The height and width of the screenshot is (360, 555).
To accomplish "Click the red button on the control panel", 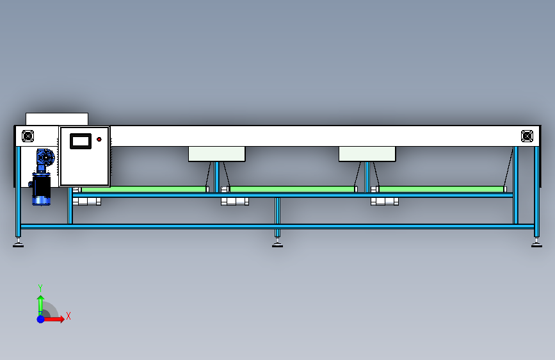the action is point(99,139).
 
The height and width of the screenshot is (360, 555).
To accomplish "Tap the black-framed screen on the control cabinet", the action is point(81,141).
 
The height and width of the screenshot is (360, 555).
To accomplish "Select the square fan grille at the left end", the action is point(28,136).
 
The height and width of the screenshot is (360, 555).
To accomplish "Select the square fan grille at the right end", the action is point(527,136).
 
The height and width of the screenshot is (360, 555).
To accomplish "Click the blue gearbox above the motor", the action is point(45,158).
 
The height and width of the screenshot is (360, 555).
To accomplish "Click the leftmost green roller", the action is point(143,189).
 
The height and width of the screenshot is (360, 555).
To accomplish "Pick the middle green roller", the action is point(292,189).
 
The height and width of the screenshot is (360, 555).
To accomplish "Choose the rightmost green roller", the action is point(442,189).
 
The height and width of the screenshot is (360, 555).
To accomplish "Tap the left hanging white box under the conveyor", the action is point(216,154).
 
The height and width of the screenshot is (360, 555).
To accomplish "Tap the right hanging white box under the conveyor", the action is point(367,154).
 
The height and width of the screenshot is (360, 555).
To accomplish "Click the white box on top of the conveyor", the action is point(57,119).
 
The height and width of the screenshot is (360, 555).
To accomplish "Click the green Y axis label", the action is point(40,288).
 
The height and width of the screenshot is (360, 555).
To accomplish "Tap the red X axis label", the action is point(68,316).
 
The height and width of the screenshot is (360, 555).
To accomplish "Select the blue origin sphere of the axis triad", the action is point(41,319).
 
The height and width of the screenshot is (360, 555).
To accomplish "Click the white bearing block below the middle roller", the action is point(235,202).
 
